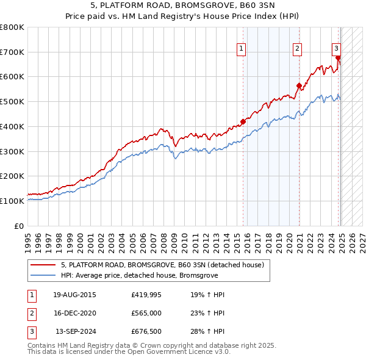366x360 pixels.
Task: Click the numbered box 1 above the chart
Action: click(242, 49)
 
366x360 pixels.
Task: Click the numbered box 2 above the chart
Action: click(297, 49)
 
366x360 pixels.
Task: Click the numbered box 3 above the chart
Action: click(336, 49)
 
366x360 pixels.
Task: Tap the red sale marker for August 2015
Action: click(243, 121)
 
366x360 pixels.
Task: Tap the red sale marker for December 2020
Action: click(299, 85)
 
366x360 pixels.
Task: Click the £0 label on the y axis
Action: click(20, 226)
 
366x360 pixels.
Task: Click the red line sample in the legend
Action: click(43, 265)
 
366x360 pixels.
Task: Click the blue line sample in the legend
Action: click(43, 275)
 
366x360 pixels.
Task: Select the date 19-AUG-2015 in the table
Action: click(74, 295)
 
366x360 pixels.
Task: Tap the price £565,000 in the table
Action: click(146, 313)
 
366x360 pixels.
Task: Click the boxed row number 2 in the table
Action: click(30, 313)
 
